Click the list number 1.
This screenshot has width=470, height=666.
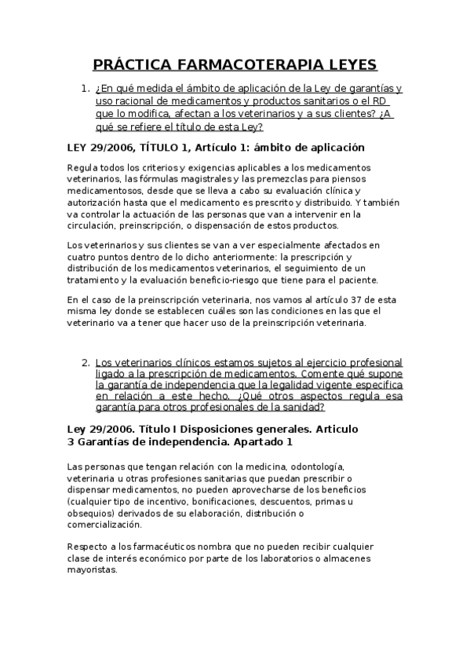[x=85, y=89]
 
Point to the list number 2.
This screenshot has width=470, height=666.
[x=85, y=363]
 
